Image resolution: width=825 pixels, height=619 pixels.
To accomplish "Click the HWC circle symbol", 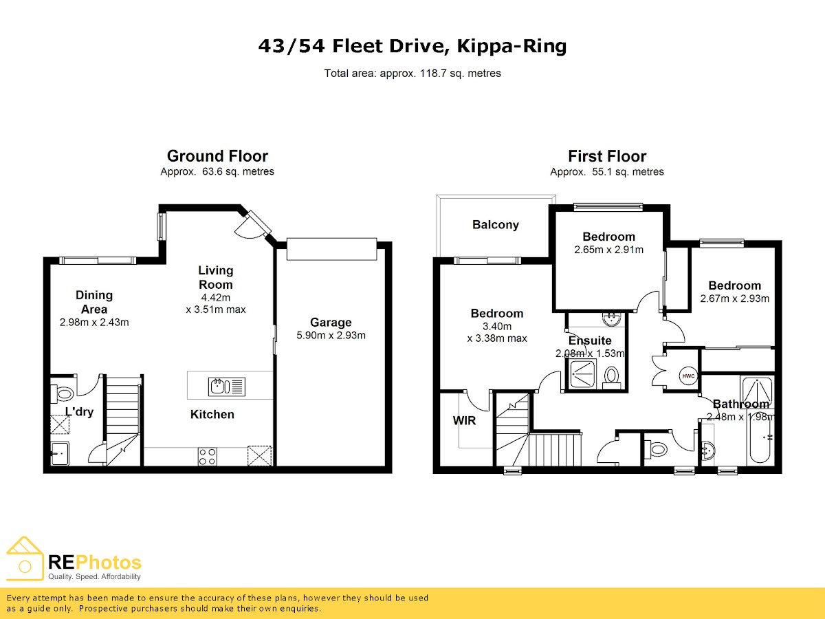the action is (x=688, y=376).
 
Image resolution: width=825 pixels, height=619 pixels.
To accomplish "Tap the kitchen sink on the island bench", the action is (x=227, y=387).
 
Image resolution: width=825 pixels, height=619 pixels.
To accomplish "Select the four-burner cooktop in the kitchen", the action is (x=207, y=456).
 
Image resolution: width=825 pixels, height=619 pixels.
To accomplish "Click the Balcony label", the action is (x=496, y=224).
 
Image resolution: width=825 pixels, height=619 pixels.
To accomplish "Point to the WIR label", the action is (x=464, y=420).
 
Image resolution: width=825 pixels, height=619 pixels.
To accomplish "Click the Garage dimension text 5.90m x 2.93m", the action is (x=331, y=335).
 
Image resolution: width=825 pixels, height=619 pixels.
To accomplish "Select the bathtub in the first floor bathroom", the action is (x=760, y=436).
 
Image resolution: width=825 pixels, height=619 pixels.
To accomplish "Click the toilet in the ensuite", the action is (x=612, y=378).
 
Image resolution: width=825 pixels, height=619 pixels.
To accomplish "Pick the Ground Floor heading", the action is (x=217, y=155).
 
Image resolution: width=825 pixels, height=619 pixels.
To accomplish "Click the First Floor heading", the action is (x=607, y=155).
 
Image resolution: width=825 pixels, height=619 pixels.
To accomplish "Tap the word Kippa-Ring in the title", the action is (x=511, y=47).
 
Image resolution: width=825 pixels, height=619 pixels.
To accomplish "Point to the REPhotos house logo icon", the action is (x=25, y=558).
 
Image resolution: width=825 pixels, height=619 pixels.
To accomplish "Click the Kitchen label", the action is (x=212, y=414).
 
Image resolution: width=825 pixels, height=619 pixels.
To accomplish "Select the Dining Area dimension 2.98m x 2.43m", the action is (x=94, y=322).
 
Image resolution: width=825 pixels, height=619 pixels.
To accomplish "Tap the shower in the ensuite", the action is (x=582, y=374).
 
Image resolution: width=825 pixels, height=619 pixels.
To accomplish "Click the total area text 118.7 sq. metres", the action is (x=461, y=73).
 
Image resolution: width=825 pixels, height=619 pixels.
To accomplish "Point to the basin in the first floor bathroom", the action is (x=709, y=450).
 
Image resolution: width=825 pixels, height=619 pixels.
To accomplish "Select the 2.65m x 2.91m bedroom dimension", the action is (x=608, y=250).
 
